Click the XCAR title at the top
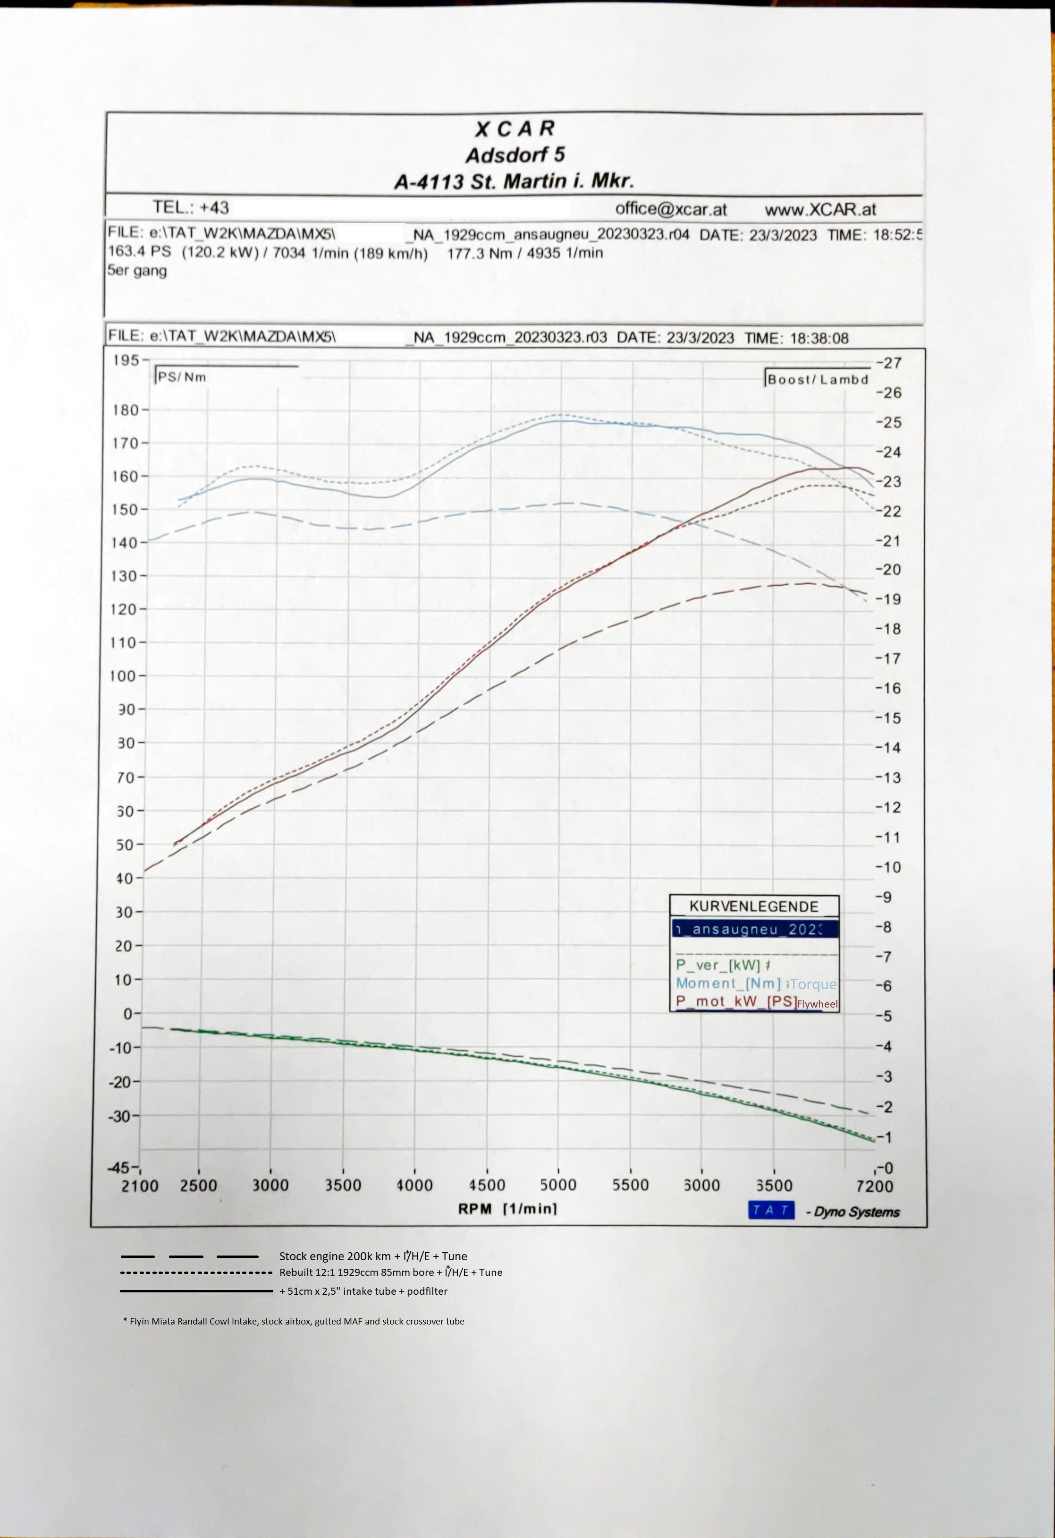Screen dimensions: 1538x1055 coord(515,128)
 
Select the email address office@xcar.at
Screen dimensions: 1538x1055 coord(671,209)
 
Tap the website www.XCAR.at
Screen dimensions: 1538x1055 coord(820,209)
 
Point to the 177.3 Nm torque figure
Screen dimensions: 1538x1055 coord(476,252)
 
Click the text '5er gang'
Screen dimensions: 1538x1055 coord(137,270)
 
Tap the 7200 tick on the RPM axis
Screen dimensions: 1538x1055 coord(874,1187)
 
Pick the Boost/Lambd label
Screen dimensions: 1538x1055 coord(818,379)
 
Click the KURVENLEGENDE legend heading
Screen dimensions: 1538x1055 coord(754,906)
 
